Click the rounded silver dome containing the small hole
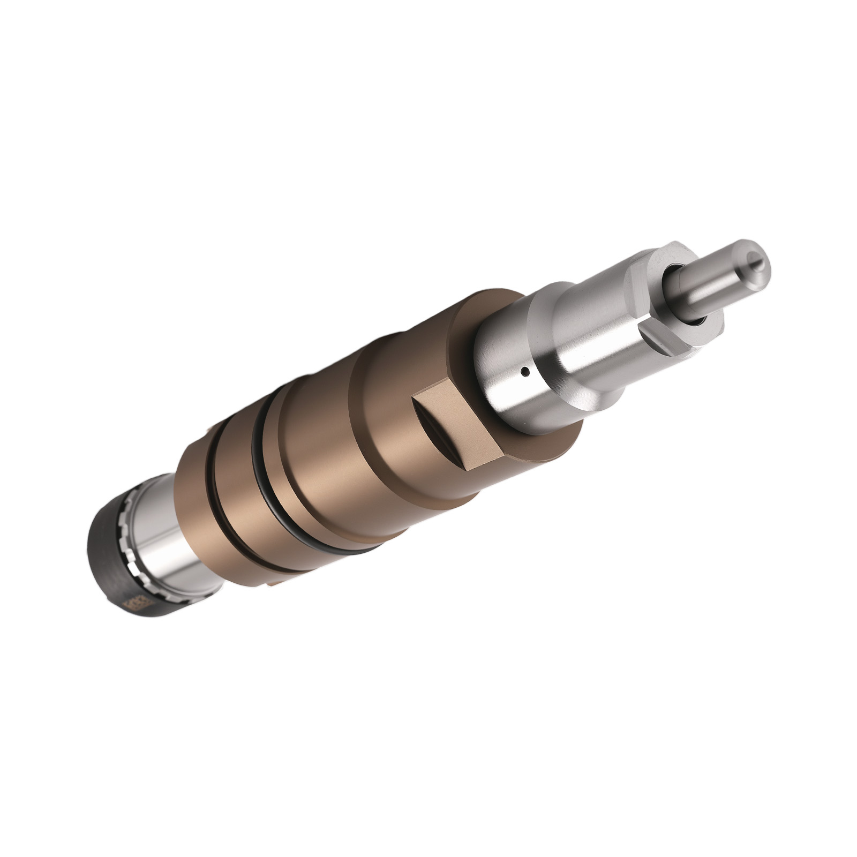(509, 370)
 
